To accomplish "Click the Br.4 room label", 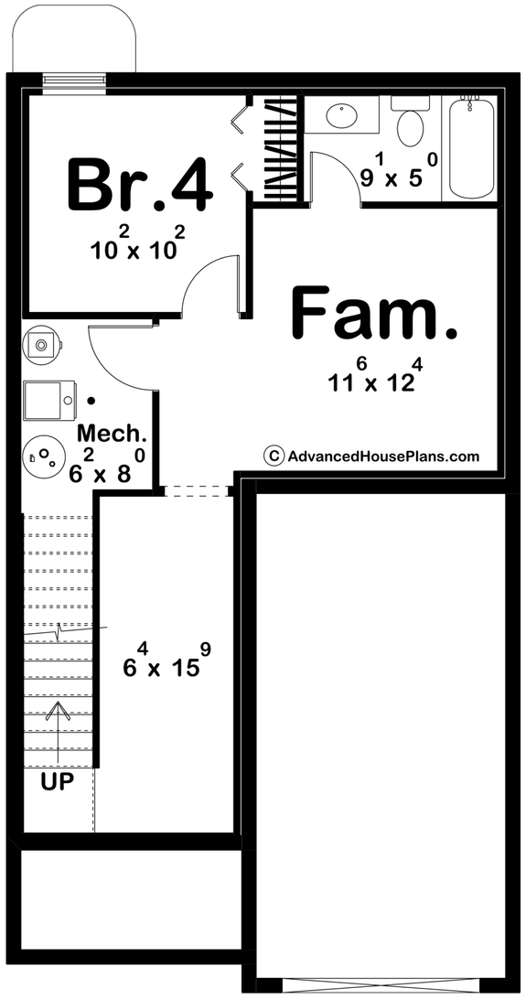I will (140, 184).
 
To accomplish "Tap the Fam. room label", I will (373, 313).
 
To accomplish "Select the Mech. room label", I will (112, 433).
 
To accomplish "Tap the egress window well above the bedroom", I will (74, 37).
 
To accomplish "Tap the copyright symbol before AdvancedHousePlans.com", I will (272, 456).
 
